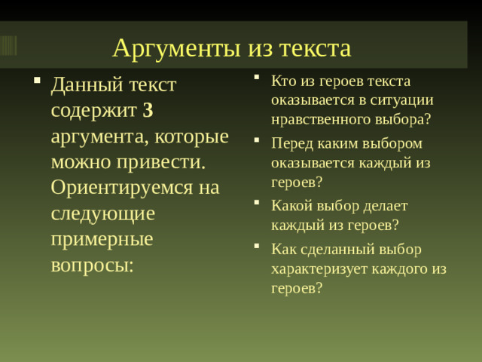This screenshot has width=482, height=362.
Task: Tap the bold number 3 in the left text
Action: [148, 110]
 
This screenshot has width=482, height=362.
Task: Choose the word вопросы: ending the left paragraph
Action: [92, 265]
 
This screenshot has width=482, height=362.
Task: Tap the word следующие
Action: [102, 213]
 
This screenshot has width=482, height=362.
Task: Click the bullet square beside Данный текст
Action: [36, 80]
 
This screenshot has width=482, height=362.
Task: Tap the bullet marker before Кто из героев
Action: [257, 77]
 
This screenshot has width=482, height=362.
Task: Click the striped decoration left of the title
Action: [8, 45]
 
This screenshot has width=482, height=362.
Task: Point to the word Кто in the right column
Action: [284, 80]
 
